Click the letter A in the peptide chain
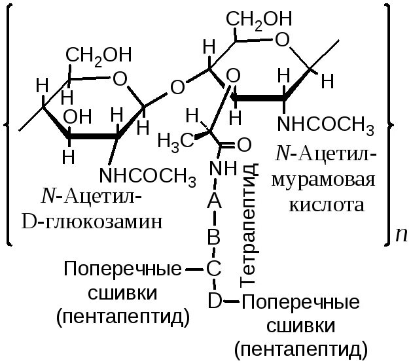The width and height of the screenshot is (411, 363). click(214, 202)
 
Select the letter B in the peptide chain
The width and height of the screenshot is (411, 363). click(214, 237)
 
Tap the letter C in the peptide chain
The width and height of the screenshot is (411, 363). click(214, 269)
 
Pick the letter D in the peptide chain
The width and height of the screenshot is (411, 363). click(214, 301)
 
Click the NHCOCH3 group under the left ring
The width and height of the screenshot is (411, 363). click(147, 176)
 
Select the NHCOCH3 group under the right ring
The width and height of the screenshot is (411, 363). click(325, 125)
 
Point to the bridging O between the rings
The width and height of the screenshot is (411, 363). click(177, 86)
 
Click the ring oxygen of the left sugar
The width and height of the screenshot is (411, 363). click(119, 79)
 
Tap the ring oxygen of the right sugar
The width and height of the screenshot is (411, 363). click(283, 41)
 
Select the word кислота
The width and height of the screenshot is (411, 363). click(326, 205)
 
